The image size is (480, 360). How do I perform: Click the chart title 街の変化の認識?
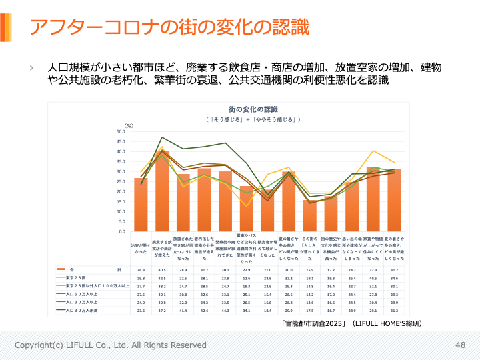[x=253, y=109]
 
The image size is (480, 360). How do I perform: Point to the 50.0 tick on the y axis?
[x=120, y=131]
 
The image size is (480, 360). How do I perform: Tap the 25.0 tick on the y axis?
[x=120, y=181]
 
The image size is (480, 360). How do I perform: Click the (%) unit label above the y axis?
[x=129, y=125]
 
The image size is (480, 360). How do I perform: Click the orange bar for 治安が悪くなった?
[x=141, y=205]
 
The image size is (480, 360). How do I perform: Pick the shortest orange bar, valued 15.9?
[x=309, y=215]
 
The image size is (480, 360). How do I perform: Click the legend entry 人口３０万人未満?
[x=81, y=310]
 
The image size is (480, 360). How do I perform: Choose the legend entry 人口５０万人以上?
[x=81, y=293]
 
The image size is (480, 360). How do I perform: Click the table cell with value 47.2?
[x=161, y=310]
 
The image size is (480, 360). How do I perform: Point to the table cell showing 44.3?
[x=225, y=310]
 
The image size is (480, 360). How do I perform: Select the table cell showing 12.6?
[x=246, y=277]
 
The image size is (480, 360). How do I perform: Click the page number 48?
[x=460, y=345]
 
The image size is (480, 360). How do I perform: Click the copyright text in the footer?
[x=111, y=345]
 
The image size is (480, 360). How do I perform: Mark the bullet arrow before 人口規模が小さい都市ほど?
[x=31, y=68]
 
